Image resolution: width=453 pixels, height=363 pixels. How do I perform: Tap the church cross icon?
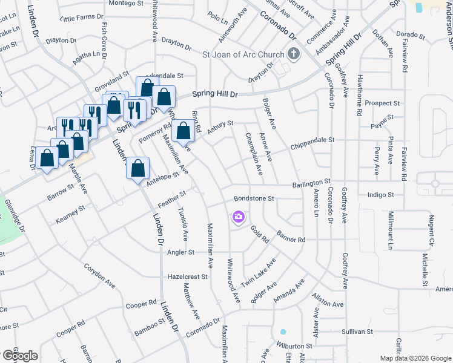pyautogui.click(x=294, y=54)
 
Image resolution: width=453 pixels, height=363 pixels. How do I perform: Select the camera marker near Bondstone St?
pyautogui.click(x=238, y=217)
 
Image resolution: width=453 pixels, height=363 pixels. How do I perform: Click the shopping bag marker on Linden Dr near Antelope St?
pyautogui.click(x=138, y=167)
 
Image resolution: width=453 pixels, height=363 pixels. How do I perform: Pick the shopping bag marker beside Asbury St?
pyautogui.click(x=183, y=130)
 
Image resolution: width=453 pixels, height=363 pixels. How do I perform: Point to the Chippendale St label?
pyautogui.click(x=312, y=140)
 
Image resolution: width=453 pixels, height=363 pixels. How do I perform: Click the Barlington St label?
pyautogui.click(x=311, y=181)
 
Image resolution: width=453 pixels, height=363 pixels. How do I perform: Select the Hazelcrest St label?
pyautogui.click(x=188, y=276)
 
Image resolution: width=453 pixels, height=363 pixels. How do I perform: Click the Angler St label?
pyautogui.click(x=181, y=252)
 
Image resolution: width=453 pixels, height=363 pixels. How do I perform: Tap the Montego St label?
pyautogui.click(x=127, y=3)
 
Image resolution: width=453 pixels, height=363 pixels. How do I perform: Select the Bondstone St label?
pyautogui.click(x=254, y=198)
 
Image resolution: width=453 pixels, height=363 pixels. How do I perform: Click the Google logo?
pyautogui.click(x=19, y=356)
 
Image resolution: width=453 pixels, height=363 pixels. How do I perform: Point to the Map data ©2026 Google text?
pyautogui.click(x=415, y=358)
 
